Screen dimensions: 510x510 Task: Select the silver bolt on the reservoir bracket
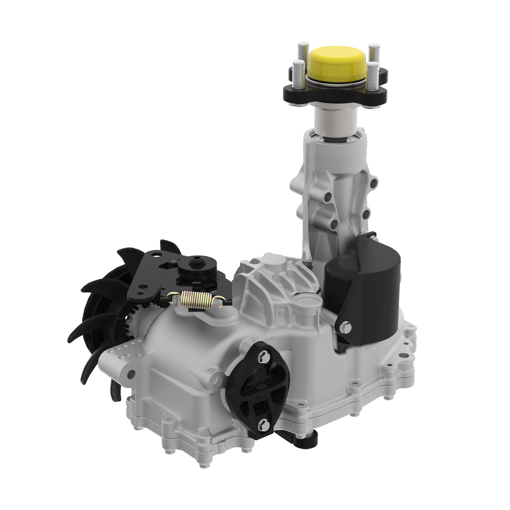pos(347,327)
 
